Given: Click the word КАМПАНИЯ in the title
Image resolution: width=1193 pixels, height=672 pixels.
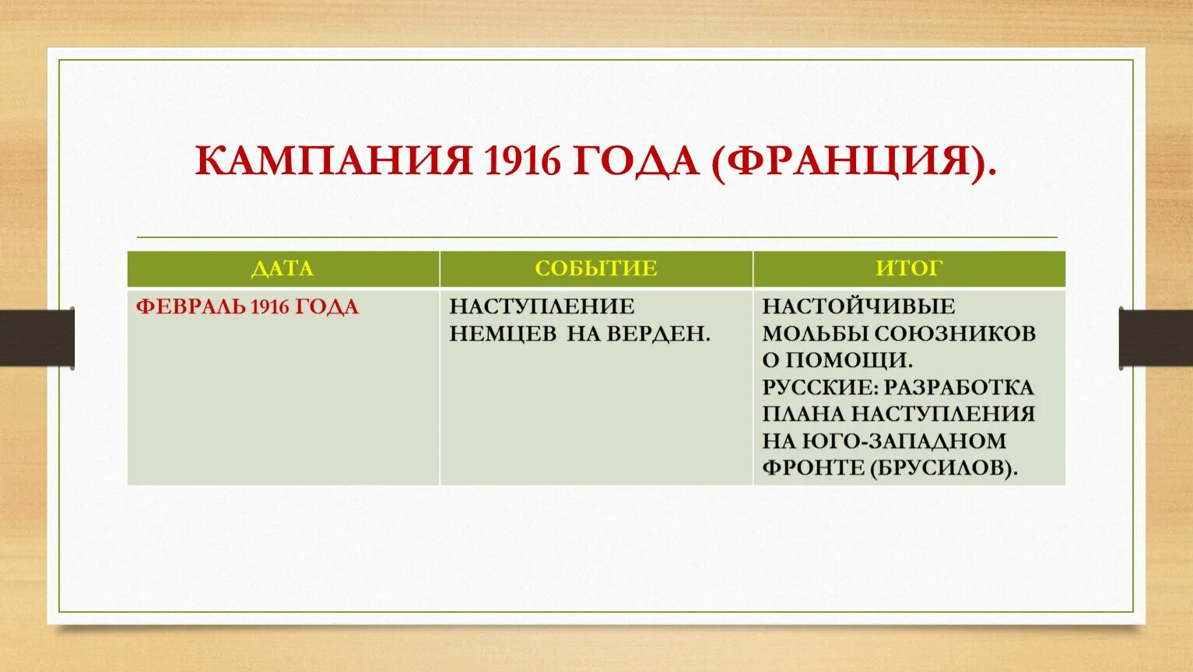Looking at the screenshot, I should (x=334, y=162).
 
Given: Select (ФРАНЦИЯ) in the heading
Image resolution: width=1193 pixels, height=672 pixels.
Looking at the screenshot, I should (x=852, y=162).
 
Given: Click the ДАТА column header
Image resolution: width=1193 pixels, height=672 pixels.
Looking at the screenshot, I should (x=282, y=269).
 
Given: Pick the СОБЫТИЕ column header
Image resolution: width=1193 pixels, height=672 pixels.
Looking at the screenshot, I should (x=596, y=269).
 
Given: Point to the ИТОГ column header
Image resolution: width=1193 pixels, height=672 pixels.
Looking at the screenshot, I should (x=909, y=269).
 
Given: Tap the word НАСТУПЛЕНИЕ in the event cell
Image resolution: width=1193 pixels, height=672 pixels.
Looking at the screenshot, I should (x=542, y=306).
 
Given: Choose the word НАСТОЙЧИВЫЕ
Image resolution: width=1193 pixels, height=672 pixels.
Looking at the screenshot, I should (x=858, y=306).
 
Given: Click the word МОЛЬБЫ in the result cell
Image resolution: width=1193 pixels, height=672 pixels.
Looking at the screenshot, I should (x=815, y=334).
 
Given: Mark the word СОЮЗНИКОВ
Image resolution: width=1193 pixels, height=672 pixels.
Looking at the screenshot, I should (x=955, y=334).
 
